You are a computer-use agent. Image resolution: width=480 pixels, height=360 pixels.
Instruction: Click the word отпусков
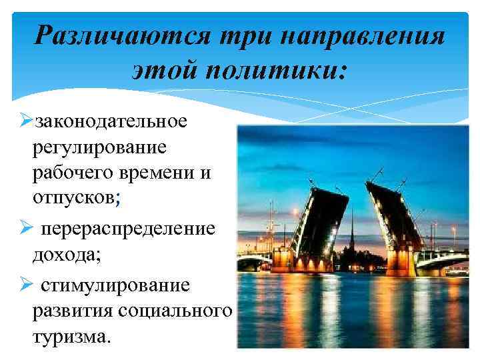pyautogui.click(x=73, y=198)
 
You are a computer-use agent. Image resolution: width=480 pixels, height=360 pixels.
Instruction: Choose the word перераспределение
pyautogui.click(x=128, y=229)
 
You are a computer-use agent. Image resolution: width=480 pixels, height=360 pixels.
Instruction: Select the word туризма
pyautogui.click(x=66, y=337)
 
